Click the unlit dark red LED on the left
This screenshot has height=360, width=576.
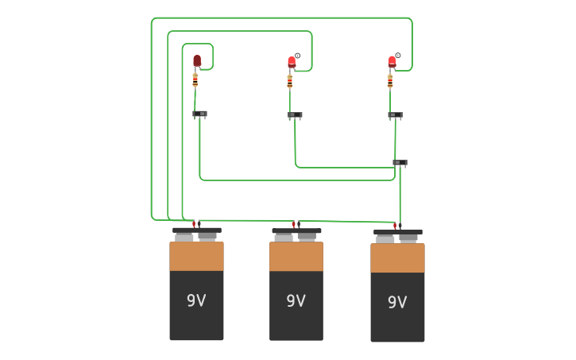click(197, 60)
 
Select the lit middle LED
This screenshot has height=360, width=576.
click(292, 61)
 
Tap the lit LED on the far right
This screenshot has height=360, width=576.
click(392, 60)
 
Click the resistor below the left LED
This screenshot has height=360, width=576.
click(195, 80)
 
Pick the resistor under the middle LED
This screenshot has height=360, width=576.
click(290, 81)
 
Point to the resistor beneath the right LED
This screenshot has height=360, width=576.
click(390, 80)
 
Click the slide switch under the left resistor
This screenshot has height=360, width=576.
click(199, 114)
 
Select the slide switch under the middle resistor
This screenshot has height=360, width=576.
click(295, 115)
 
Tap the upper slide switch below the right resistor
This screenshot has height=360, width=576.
click(395, 115)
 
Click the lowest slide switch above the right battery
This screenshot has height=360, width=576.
click(400, 163)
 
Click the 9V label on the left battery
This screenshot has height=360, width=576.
click(196, 300)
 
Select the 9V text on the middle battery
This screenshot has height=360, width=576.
click(296, 300)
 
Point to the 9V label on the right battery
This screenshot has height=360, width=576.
click(397, 302)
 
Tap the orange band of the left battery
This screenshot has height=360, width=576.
click(196, 256)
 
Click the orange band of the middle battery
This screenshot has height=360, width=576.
click(296, 256)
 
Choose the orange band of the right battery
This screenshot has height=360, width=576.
click(397, 257)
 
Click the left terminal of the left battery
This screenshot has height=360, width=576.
click(184, 236)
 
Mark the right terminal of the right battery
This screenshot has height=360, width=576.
click(408, 237)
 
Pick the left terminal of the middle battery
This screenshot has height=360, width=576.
click(284, 236)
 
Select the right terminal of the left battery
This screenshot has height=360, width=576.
click(207, 235)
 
